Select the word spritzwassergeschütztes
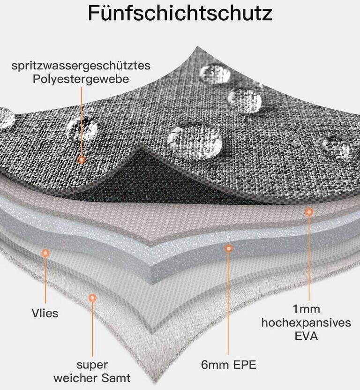[81, 66]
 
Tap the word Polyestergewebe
[81, 79]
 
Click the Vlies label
[45, 313]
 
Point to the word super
[92, 364]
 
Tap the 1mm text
[307, 309]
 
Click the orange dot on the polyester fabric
[82, 160]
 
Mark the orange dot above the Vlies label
[45, 253]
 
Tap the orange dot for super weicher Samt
[92, 297]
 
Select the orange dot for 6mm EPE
[228, 248]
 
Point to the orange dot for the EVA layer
[308, 212]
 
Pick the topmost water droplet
[215, 73]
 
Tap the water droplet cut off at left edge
[6, 118]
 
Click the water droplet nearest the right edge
[336, 146]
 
